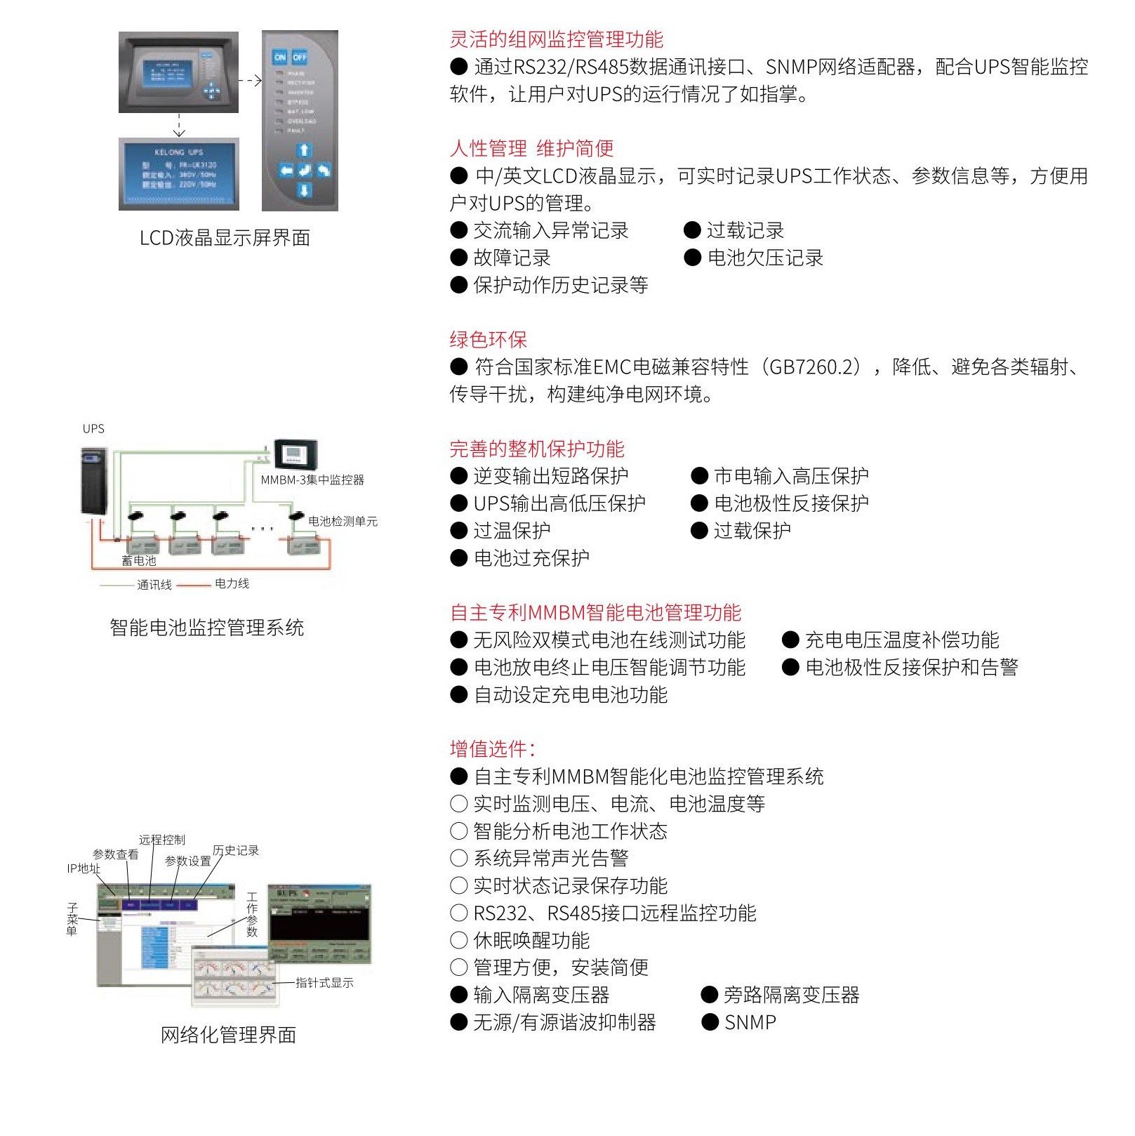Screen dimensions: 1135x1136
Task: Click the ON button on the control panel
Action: pyautogui.click(x=280, y=57)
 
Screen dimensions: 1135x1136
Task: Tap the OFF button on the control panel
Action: pyautogui.click(x=300, y=57)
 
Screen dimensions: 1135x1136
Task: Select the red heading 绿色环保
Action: pyautogui.click(x=488, y=340)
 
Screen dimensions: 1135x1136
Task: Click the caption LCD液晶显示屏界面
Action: pyautogui.click(x=225, y=238)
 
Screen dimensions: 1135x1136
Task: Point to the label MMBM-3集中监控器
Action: pyautogui.click(x=312, y=480)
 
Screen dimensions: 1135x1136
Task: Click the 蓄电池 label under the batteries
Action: pyautogui.click(x=139, y=560)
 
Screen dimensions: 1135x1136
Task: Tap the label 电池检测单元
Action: pyautogui.click(x=343, y=521)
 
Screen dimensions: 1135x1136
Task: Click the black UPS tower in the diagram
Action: pyautogui.click(x=94, y=481)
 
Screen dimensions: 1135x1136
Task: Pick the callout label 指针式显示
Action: pyautogui.click(x=324, y=982)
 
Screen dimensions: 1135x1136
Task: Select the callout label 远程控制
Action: pyautogui.click(x=162, y=840)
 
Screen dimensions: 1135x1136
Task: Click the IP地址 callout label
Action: pyautogui.click(x=84, y=868)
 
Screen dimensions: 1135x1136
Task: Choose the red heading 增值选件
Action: pyautogui.click(x=492, y=749)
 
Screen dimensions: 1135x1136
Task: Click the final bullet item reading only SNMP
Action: pyautogui.click(x=750, y=1022)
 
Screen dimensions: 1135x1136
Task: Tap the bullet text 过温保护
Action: pyautogui.click(x=512, y=531)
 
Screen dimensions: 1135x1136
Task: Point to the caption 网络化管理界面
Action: pyautogui.click(x=228, y=1035)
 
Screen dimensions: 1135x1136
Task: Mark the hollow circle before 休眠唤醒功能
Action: pyautogui.click(x=458, y=941)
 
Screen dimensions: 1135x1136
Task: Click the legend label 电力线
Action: pyautogui.click(x=232, y=583)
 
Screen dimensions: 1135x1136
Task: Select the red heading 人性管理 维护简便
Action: pyautogui.click(x=531, y=148)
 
